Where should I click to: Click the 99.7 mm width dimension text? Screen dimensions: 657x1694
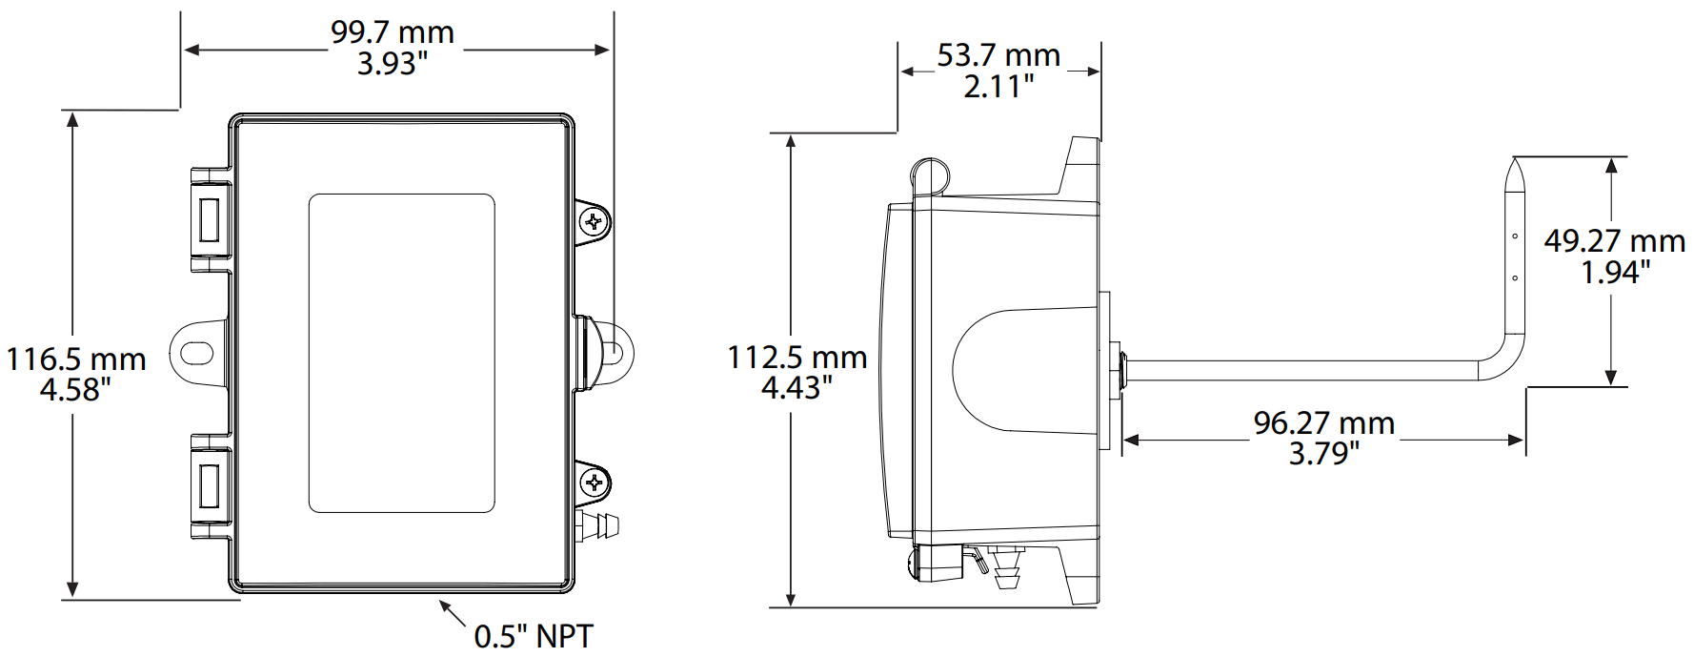point(392,32)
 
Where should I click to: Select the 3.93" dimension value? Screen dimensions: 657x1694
point(392,64)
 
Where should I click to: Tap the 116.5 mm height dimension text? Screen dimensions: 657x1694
point(76,359)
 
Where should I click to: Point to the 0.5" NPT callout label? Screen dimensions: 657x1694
point(533,636)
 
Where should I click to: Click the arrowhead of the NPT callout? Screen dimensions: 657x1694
point(444,605)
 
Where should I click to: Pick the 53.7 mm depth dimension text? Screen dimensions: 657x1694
point(998,55)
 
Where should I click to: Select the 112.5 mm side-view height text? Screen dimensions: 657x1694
point(797,358)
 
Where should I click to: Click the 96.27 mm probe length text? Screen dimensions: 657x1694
point(1323,422)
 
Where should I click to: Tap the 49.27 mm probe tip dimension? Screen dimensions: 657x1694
point(1614,241)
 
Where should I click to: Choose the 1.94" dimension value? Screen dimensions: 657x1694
point(1614,273)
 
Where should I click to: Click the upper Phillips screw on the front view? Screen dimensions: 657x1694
point(595,223)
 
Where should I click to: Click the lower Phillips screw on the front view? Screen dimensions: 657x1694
point(595,482)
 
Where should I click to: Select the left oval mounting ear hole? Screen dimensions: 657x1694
point(197,354)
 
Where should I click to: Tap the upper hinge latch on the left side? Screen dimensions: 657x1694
point(210,219)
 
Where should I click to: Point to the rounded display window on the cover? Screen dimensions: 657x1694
point(401,353)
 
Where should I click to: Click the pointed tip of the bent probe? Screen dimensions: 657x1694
point(1515,161)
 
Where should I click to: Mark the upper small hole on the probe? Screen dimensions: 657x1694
point(1515,236)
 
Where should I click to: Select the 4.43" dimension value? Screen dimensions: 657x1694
point(797,388)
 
